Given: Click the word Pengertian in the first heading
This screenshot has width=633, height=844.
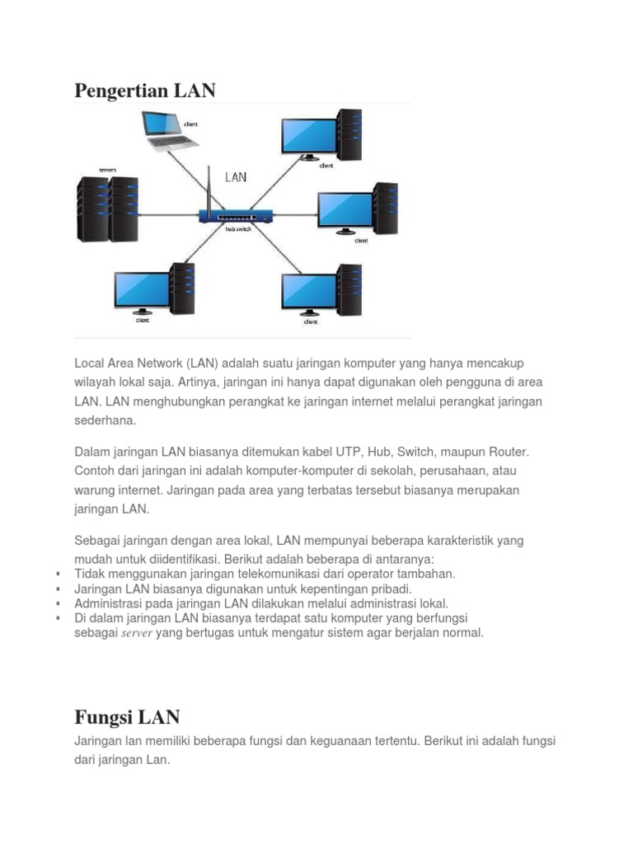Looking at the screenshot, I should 122,91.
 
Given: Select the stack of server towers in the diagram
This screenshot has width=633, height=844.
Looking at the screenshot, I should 107,208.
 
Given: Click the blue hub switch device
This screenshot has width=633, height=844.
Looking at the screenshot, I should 236,215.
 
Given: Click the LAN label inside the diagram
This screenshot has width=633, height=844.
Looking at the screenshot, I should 236,176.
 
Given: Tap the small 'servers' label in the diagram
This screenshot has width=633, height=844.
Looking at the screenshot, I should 107,170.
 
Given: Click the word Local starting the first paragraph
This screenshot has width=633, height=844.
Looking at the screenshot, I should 90,363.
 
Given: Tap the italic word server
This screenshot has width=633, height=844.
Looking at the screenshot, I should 137,634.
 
